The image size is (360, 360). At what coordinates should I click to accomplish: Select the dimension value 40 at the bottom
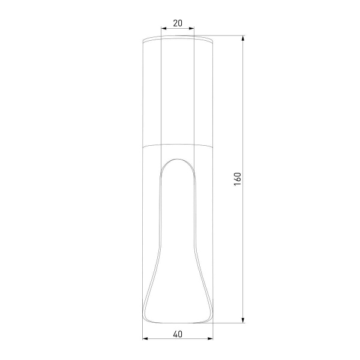pyautogui.click(x=178, y=334)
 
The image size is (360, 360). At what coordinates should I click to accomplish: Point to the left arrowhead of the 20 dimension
pyautogui.click(x=164, y=28)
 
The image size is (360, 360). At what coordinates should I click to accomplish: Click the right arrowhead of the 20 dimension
pyautogui.click(x=192, y=28)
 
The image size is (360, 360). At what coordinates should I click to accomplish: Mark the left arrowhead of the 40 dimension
pyautogui.click(x=145, y=340)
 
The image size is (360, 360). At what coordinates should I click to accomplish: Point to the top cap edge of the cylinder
pyautogui.click(x=178, y=38)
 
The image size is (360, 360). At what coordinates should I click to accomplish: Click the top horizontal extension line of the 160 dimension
pyautogui.click(x=228, y=37)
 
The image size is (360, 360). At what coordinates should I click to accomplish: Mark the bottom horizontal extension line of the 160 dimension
pyautogui.click(x=228, y=323)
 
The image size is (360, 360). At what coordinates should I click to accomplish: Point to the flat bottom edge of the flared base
pyautogui.click(x=178, y=322)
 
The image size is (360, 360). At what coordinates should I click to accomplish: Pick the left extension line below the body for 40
pyautogui.click(x=143, y=333)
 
